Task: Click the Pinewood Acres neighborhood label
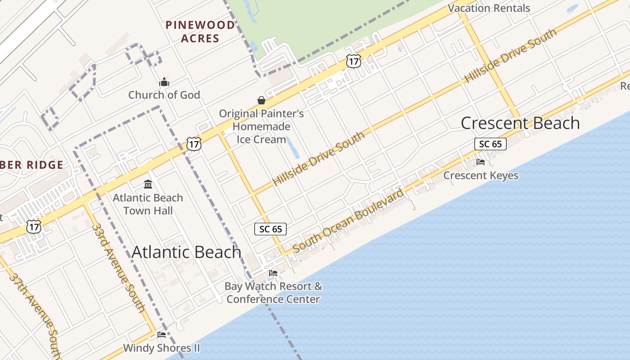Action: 200,31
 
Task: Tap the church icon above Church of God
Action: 164,82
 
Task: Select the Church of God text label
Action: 164,95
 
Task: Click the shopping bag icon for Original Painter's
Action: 261,100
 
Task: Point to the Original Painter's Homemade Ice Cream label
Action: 261,126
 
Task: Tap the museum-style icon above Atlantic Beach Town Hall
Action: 148,184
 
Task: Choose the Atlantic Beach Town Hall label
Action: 148,204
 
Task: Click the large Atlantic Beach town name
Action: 186,252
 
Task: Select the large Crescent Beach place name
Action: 520,123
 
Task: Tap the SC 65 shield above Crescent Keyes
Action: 490,144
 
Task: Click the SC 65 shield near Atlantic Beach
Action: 270,229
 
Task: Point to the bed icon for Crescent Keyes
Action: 481,162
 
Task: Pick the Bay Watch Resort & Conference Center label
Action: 274,292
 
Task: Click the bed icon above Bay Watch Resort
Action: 273,273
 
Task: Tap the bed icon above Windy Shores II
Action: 162,334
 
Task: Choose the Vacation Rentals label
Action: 489,8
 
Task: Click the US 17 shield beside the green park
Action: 354,61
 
